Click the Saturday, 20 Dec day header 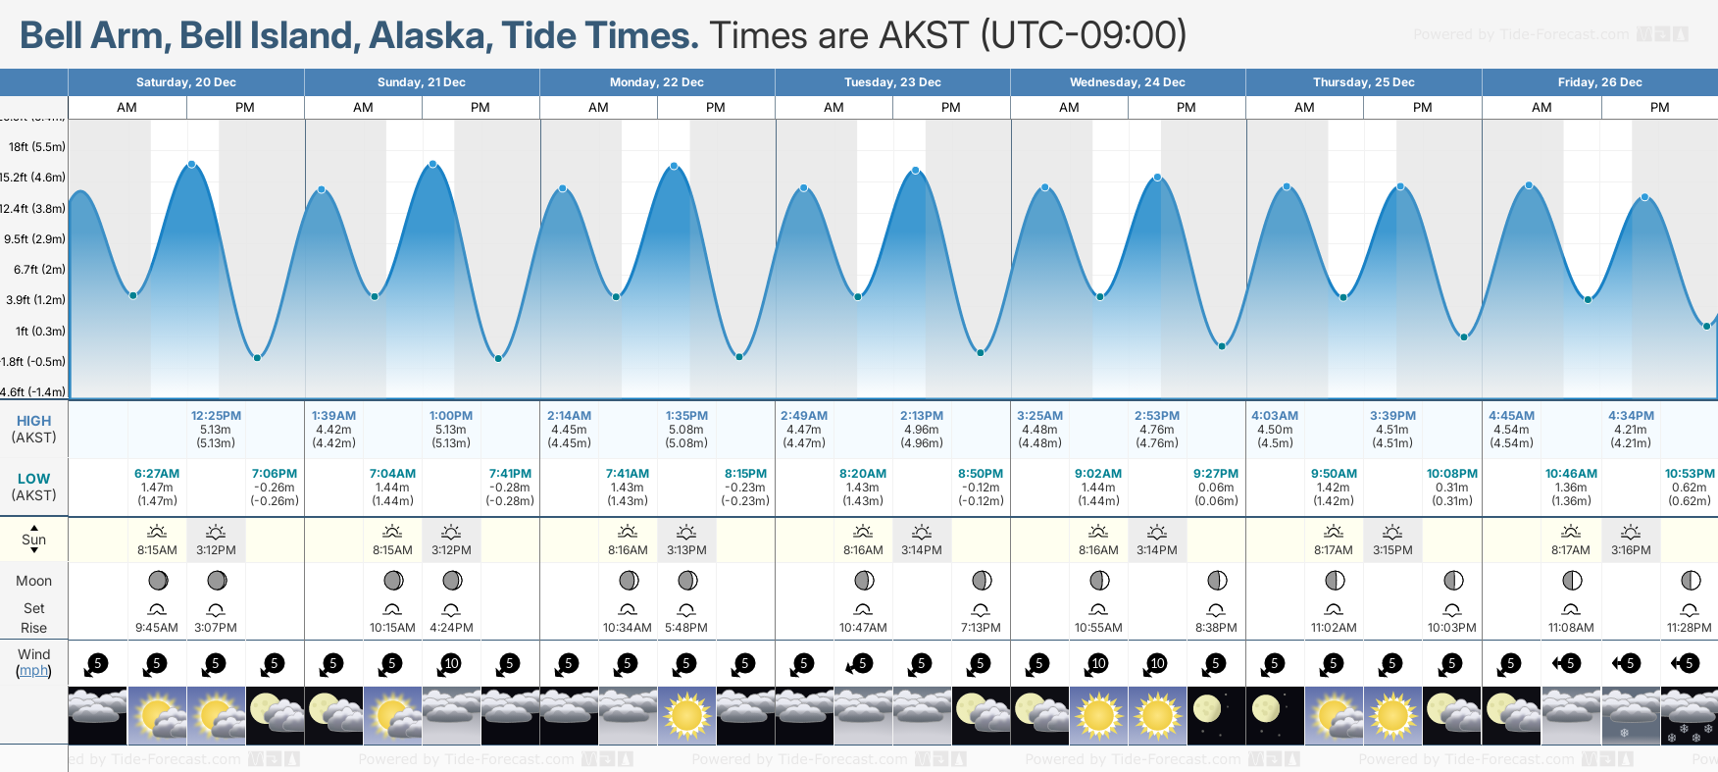[x=185, y=82]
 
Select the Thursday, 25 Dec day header [x=1363, y=82]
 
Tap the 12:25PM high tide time [x=216, y=416]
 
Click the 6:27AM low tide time [x=157, y=474]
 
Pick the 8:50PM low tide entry [x=981, y=474]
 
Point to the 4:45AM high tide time [x=1511, y=416]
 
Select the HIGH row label [x=33, y=421]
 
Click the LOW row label [x=33, y=479]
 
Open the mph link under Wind [x=33, y=671]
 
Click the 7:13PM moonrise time [x=981, y=628]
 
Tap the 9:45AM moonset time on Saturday [x=157, y=628]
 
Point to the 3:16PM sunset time [x=1631, y=550]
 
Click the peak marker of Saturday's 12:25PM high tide [x=191, y=164]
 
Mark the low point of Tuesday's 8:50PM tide [x=980, y=352]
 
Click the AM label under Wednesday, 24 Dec [x=1069, y=108]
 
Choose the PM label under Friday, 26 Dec [x=1659, y=108]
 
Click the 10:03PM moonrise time [x=1452, y=628]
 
